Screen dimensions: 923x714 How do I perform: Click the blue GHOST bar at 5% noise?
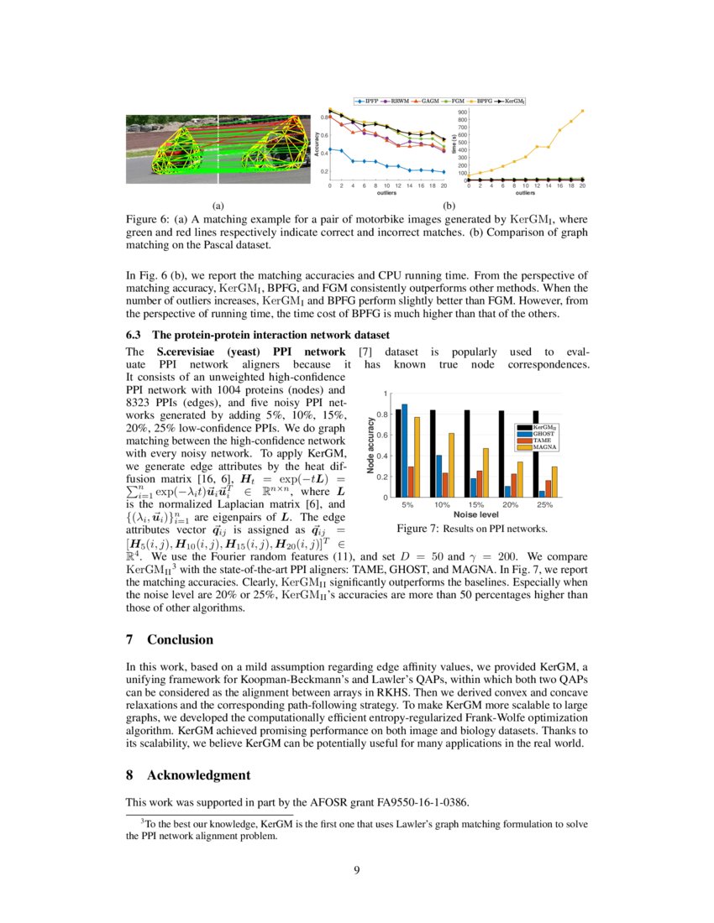(x=405, y=451)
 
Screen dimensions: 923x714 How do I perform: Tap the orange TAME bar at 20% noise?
(x=514, y=486)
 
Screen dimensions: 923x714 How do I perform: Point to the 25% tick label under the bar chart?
(x=544, y=505)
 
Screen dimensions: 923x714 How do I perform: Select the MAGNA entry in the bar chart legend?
(x=545, y=448)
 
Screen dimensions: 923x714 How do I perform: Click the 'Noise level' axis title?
(x=476, y=514)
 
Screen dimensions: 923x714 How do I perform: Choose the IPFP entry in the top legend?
(x=369, y=101)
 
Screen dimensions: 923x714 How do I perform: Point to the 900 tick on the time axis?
(x=462, y=112)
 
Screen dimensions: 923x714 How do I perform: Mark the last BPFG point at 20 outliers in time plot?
(x=582, y=111)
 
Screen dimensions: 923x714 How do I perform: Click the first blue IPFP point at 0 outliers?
(x=330, y=149)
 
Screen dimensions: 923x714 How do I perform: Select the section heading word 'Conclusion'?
(x=180, y=639)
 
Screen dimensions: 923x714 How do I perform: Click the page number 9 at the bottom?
(x=357, y=869)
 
